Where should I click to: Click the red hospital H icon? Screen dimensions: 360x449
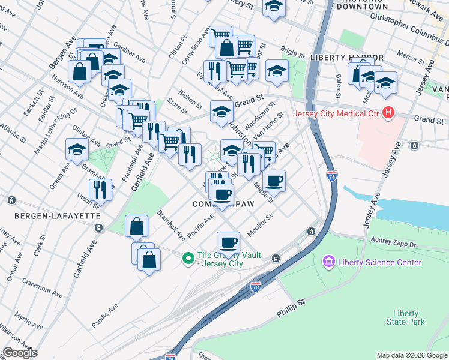click(x=388, y=112)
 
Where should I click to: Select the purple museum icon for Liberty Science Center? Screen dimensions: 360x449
click(x=328, y=262)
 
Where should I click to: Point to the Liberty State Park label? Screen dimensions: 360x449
click(x=409, y=317)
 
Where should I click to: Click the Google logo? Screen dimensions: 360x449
click(x=20, y=353)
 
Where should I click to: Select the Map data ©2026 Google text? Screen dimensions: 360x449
click(x=411, y=355)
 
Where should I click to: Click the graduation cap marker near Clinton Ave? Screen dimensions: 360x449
click(x=77, y=150)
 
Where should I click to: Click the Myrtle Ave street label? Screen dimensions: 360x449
click(x=28, y=322)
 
